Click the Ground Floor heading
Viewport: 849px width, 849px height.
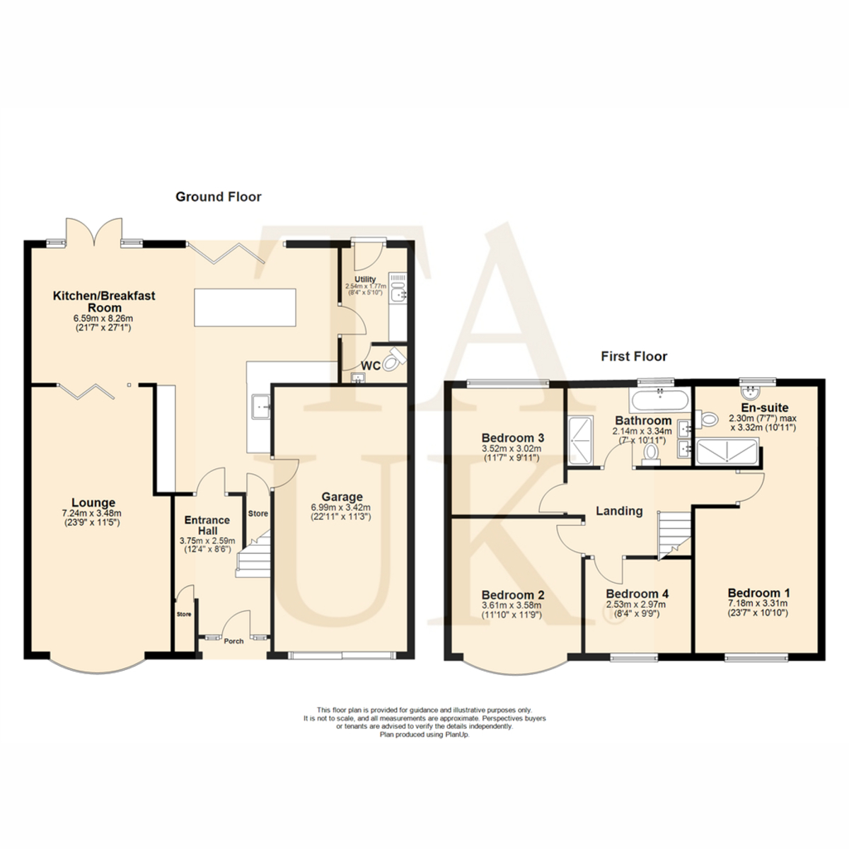pos(218,197)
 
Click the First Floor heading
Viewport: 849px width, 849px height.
pos(634,356)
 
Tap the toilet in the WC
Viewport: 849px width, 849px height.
pos(394,359)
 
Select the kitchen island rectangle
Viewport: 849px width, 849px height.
pos(245,307)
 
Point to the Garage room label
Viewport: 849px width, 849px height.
pos(342,497)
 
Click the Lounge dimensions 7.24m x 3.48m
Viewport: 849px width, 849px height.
pos(91,513)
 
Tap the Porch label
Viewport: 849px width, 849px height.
pos(233,641)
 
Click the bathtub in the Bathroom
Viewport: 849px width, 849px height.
pos(659,400)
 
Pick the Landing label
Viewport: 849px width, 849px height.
pos(619,511)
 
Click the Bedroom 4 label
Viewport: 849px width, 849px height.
pos(637,594)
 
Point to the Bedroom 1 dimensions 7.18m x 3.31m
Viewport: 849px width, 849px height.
pos(758,603)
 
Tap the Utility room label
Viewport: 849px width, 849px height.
pos(365,279)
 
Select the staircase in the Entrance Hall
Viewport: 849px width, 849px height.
pos(253,554)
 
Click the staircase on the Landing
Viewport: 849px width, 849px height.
pos(674,536)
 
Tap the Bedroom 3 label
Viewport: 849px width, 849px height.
pos(512,438)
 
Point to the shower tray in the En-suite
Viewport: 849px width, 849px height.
pos(727,451)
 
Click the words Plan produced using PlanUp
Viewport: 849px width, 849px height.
pos(424,735)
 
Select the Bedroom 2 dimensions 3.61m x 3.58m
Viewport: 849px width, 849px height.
pos(512,606)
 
